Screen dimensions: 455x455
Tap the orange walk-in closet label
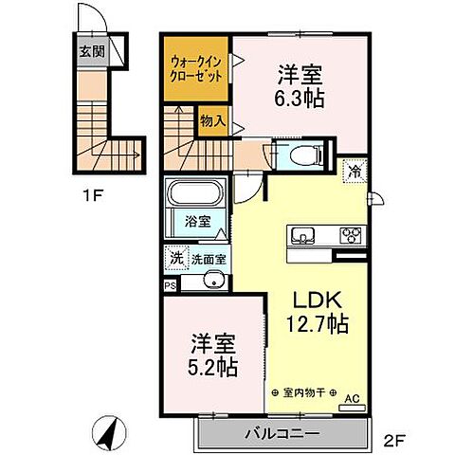pos(197,68)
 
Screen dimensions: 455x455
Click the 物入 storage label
pos(212,120)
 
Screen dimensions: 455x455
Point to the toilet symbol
pos(302,154)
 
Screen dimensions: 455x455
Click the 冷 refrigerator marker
pos(353,172)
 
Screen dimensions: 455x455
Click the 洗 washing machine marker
pos(175,257)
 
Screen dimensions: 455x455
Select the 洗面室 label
pos(208,258)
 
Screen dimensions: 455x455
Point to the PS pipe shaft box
pos(170,283)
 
